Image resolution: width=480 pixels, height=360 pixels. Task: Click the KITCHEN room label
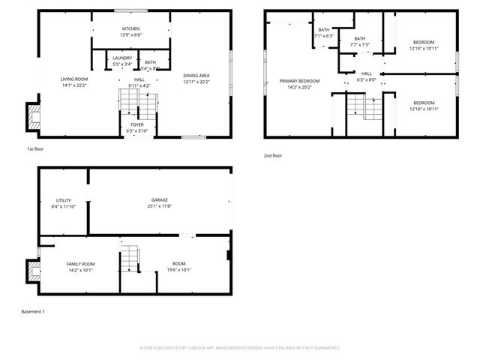tap(130, 29)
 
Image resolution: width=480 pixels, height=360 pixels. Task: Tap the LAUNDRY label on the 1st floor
tap(122, 58)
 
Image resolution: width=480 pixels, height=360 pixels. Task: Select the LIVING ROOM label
tap(74, 79)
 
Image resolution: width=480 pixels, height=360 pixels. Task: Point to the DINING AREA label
tap(196, 75)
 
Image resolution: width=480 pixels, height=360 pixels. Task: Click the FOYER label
tap(137, 124)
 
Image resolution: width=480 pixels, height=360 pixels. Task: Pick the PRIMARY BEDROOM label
tap(299, 81)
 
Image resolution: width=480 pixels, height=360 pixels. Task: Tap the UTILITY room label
tap(63, 200)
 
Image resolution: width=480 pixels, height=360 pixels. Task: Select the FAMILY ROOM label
tap(80, 263)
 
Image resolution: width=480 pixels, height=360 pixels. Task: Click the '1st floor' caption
tap(36, 150)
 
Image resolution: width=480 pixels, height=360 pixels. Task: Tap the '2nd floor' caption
tap(272, 155)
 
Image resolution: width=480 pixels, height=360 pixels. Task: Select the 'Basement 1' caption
tap(33, 311)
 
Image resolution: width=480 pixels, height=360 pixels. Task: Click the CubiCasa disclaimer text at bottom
tap(239, 348)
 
